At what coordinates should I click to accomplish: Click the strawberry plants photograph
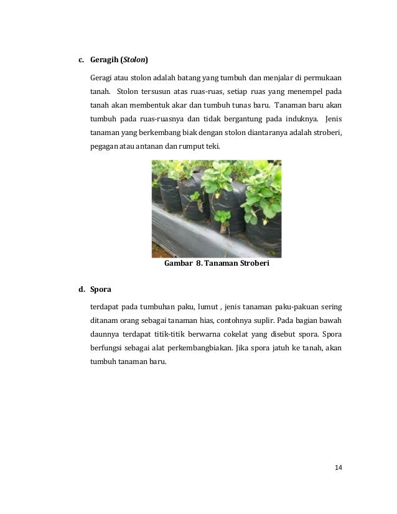217,208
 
